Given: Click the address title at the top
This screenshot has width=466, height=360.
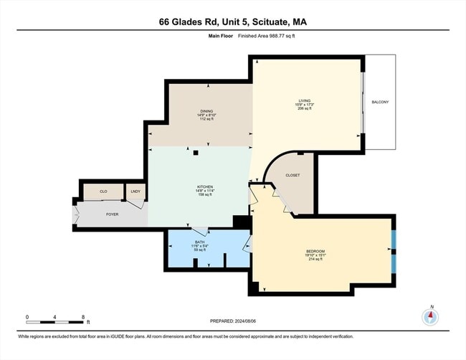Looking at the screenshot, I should click(x=232, y=22).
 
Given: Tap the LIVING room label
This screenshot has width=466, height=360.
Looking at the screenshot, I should click(x=306, y=100).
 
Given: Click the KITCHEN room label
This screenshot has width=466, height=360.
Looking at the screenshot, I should click(x=205, y=188).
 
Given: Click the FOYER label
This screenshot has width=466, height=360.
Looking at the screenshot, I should click(x=112, y=214).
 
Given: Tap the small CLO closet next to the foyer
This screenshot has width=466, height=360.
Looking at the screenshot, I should click(x=103, y=191).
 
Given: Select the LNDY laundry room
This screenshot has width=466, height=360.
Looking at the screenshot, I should click(x=135, y=191).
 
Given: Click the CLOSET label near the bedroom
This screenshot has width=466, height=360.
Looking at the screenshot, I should click(x=293, y=175).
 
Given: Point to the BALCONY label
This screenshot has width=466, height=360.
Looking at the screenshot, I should click(x=380, y=102).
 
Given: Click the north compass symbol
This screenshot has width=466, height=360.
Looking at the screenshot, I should click(x=431, y=317).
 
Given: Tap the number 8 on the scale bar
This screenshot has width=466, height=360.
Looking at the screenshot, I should click(x=83, y=316).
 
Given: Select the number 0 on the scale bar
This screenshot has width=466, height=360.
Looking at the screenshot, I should click(x=27, y=316).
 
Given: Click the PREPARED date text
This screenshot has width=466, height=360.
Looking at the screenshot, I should click(x=232, y=321).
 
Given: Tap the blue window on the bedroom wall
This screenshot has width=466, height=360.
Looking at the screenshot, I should click(x=393, y=251).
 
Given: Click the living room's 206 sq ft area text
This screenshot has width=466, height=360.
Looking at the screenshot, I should click(x=306, y=108).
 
